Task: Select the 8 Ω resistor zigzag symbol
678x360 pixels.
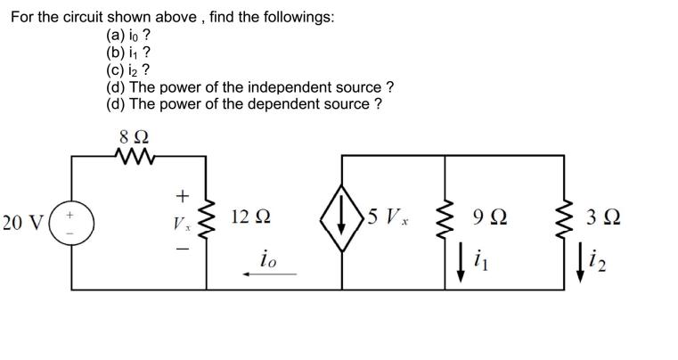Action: (134, 156)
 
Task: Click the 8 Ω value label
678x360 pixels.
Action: (134, 137)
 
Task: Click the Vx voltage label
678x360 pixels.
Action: (182, 221)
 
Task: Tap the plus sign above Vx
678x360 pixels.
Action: (182, 194)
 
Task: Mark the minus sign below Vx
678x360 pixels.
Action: (182, 249)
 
